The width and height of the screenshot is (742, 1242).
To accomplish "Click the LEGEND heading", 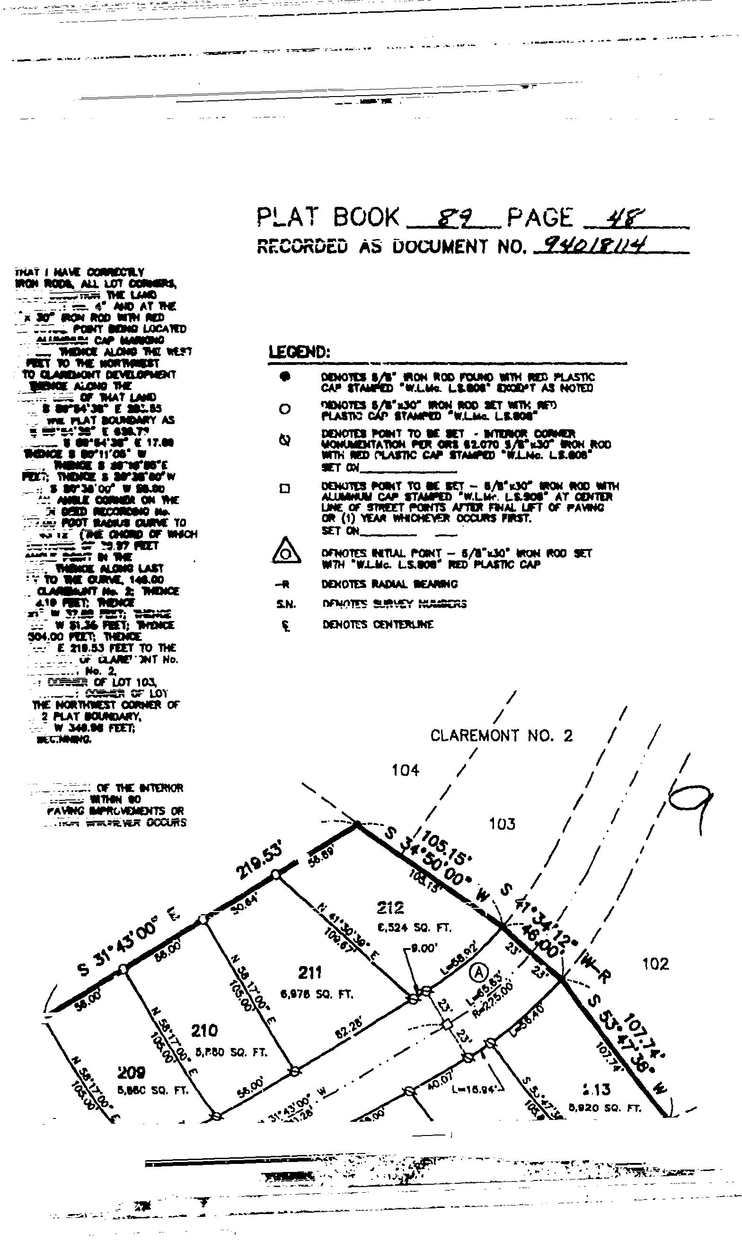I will coord(300,353).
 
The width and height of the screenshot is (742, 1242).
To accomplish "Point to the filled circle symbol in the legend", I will coord(284,377).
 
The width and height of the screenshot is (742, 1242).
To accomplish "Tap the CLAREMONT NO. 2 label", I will coord(501,736).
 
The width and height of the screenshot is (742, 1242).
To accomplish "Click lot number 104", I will coord(405,770).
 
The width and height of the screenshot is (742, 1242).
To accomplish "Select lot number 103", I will coord(502,824).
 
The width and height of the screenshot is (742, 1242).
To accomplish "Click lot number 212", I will coord(390,906).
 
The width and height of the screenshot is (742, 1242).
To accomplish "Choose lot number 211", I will coord(310,973).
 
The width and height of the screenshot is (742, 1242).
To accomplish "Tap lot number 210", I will coord(204,1030).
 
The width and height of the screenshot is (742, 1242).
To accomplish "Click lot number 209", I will coord(132,1073).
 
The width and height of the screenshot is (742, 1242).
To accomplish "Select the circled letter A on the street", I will coord(478,973).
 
